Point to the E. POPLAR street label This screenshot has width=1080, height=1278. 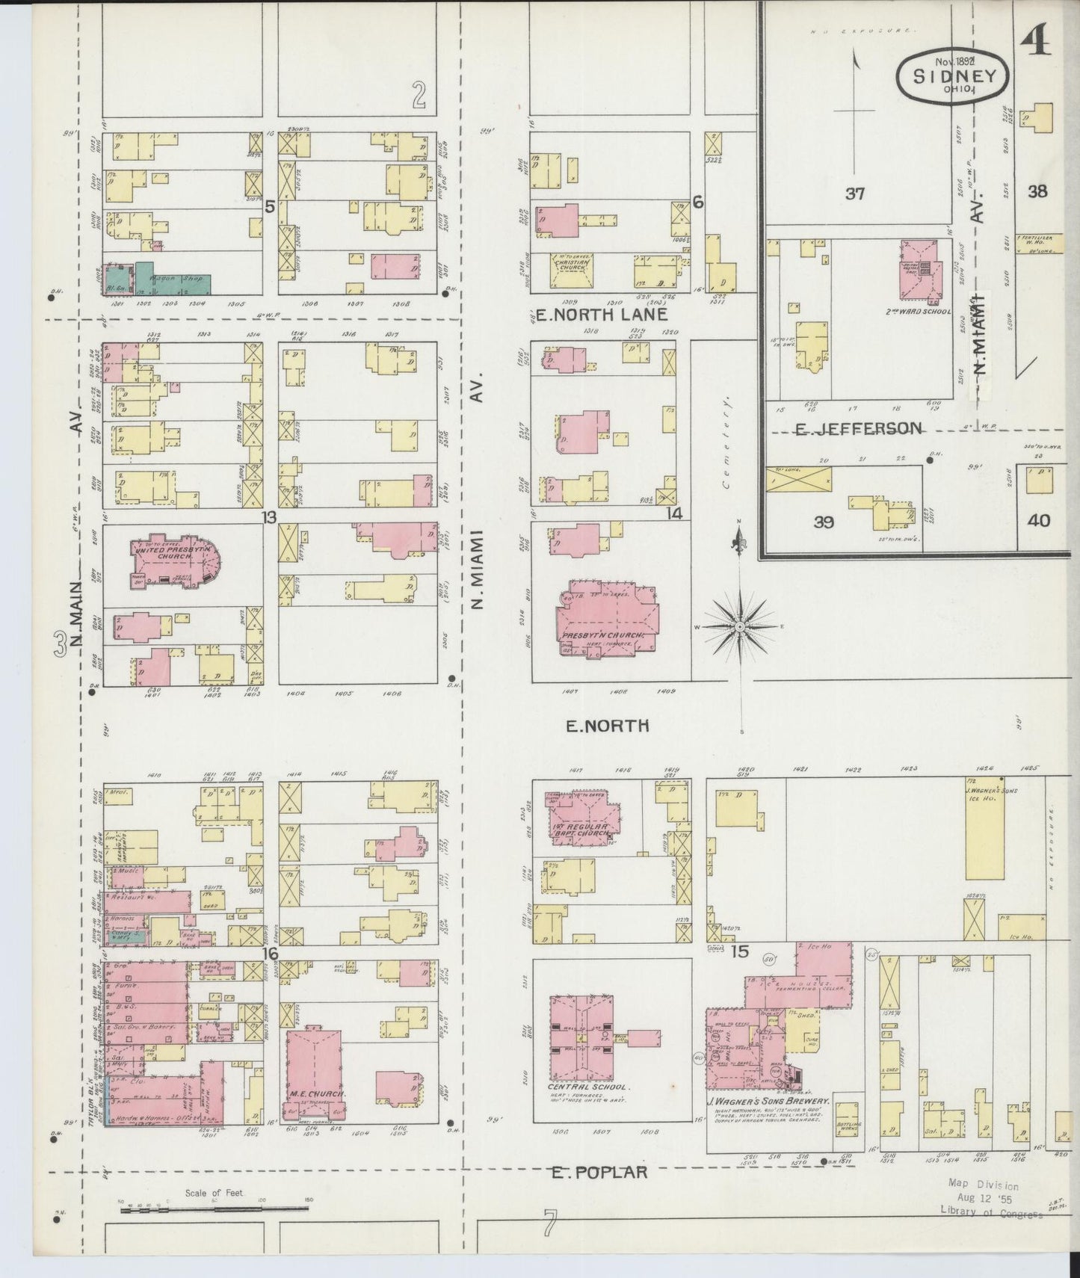click(599, 1172)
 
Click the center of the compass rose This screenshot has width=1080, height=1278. click(738, 626)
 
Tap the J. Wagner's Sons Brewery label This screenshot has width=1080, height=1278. click(769, 1102)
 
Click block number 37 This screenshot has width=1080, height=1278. click(855, 194)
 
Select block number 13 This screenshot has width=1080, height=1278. click(269, 517)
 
